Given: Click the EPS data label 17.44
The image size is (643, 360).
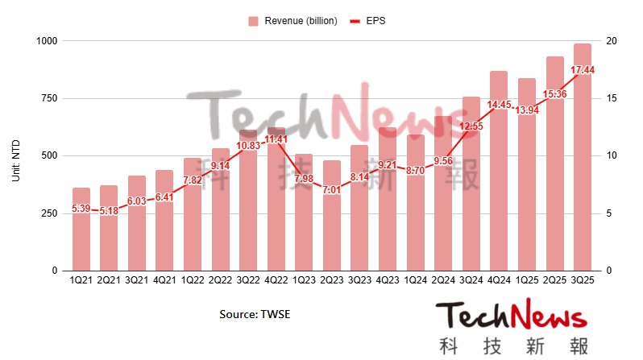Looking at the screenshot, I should pyautogui.click(x=583, y=71).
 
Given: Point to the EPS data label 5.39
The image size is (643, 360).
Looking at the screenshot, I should pyautogui.click(x=81, y=209).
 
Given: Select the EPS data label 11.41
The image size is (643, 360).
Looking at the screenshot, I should pyautogui.click(x=276, y=139).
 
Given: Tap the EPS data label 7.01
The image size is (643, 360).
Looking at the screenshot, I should pyautogui.click(x=331, y=190).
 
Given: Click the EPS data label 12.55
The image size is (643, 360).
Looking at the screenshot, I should pyautogui.click(x=471, y=126).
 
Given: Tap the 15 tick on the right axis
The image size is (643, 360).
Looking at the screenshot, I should pyautogui.click(x=611, y=98).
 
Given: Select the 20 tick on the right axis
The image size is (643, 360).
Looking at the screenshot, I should pyautogui.click(x=611, y=41).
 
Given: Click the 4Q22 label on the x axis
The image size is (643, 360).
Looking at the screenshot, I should pyautogui.click(x=276, y=281).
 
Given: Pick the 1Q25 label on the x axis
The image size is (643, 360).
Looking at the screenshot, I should pyautogui.click(x=527, y=281).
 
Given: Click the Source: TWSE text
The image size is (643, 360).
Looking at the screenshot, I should pyautogui.click(x=255, y=314).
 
